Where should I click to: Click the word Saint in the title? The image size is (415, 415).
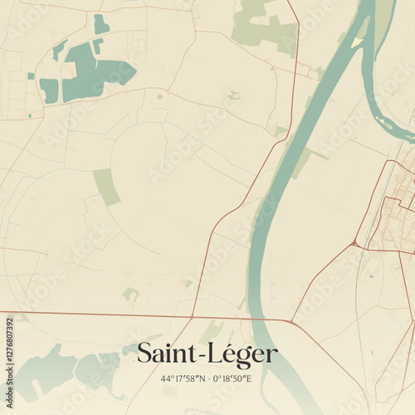tap(163, 354)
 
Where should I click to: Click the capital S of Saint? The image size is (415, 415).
tap(144, 354)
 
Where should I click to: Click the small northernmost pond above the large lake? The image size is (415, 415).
tap(100, 24)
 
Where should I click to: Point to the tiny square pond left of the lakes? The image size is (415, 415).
tap(31, 76)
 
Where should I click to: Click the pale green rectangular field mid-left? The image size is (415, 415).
tap(106, 186)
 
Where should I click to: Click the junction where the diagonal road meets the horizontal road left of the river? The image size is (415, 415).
tap(193, 316)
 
